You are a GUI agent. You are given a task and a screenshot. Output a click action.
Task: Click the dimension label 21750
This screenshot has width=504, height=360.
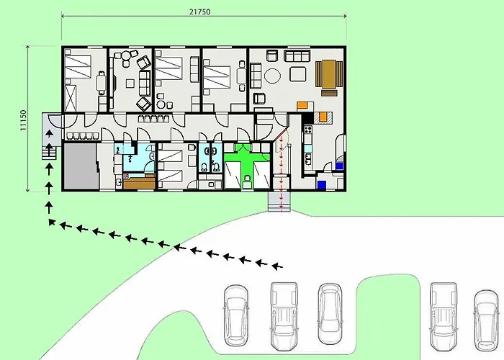click(199, 12)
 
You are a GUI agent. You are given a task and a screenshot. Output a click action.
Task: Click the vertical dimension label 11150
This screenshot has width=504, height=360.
click(23, 120)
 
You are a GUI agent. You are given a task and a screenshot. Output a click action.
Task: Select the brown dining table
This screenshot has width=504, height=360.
click(328, 74)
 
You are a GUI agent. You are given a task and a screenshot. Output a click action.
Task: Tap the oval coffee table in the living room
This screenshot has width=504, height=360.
click(272, 76)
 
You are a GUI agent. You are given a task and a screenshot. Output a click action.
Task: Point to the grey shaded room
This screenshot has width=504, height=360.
click(81, 166)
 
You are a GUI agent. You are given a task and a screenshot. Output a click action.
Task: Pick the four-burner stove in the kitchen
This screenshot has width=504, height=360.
click(308, 130)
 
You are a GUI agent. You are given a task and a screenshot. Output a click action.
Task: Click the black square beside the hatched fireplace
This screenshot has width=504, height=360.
click(309, 117)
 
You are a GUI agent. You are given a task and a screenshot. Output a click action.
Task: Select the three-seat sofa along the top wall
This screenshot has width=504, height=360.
click(297, 55)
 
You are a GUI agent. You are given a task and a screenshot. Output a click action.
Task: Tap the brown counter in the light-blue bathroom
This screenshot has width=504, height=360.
click(139, 182)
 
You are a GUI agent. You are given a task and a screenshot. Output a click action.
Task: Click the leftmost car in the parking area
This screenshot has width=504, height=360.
click(235, 315)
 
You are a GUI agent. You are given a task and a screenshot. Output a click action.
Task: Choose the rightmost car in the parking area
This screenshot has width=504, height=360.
click(487, 320)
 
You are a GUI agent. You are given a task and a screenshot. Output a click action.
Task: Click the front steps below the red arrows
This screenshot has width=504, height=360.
click(279, 202)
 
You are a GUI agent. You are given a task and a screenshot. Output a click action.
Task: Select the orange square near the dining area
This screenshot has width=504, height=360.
click(302, 105)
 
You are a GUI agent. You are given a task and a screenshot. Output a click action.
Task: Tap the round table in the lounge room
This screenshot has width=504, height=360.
click(125, 56)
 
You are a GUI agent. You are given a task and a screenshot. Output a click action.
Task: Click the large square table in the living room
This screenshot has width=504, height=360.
click(298, 73)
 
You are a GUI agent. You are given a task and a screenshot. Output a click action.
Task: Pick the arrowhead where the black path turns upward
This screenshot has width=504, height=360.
click(51, 222)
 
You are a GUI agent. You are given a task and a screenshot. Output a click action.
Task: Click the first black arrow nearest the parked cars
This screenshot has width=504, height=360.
click(277, 266)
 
